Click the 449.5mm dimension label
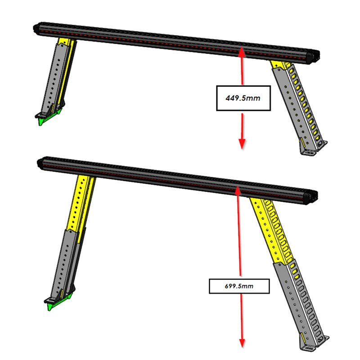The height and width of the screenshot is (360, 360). pyautogui.click(x=243, y=98)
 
